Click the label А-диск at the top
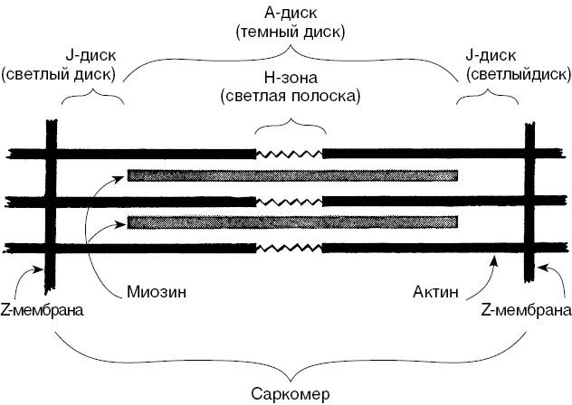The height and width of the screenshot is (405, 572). click(x=289, y=13)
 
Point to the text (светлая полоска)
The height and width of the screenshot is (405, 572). click(x=289, y=95)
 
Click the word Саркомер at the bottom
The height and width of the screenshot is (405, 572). click(x=291, y=393)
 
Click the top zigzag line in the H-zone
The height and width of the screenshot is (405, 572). click(x=290, y=153)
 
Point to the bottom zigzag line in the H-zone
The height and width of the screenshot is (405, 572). click(x=290, y=246)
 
